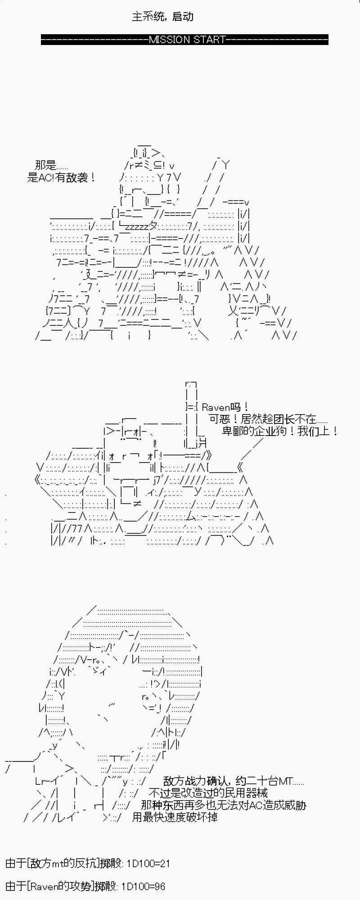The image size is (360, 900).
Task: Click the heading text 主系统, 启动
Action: pyautogui.click(x=162, y=17)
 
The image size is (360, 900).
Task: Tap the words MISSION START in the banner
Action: pyautogui.click(x=187, y=40)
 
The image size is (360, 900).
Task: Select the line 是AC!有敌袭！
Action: pyautogui.click(x=61, y=177)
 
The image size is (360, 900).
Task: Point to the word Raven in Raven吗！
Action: pyautogui.click(x=216, y=407)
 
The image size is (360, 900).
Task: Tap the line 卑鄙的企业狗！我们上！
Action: pyautogui.click(x=280, y=431)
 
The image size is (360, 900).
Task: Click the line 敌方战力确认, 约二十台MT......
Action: pyautogui.click(x=234, y=782)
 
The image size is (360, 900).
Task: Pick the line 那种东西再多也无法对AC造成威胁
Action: pyautogui.click(x=223, y=805)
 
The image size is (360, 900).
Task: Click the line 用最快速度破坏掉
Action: pyautogui.click(x=175, y=817)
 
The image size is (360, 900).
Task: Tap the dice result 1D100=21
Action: pyautogui.click(x=148, y=864)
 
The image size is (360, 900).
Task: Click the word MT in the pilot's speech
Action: pyautogui.click(x=286, y=782)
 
